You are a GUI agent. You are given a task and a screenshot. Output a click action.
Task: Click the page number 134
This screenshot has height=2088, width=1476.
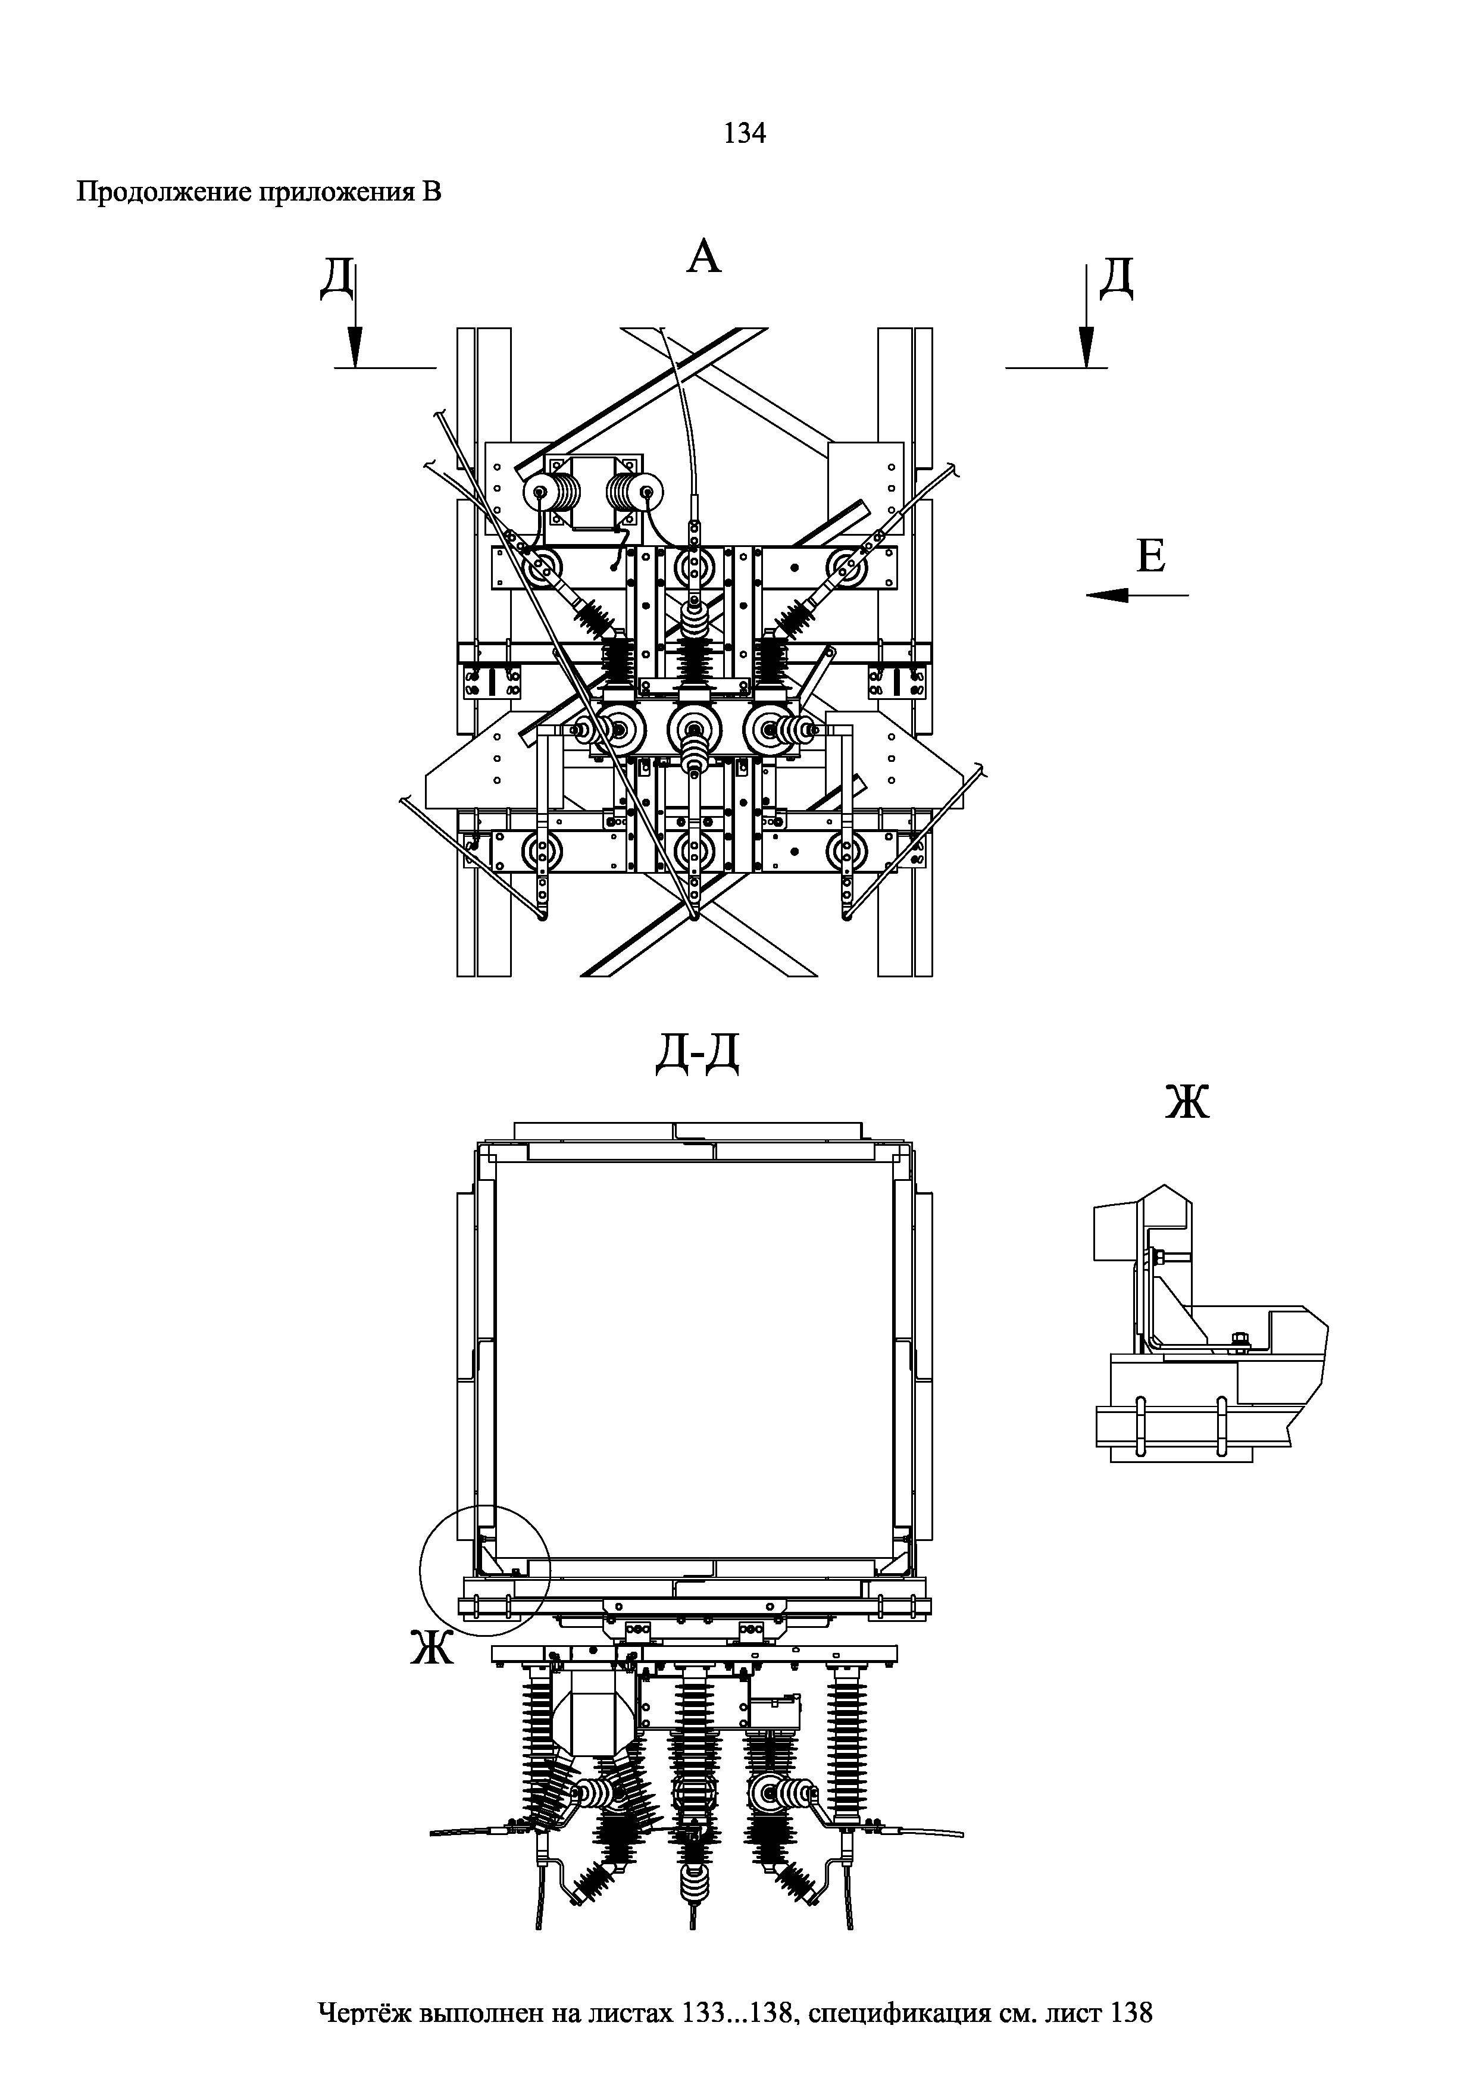pos(745,134)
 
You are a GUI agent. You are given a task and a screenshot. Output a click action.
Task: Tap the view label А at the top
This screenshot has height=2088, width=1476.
pos(704,257)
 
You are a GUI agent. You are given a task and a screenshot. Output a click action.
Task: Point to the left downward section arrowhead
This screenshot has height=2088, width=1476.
pos(355,348)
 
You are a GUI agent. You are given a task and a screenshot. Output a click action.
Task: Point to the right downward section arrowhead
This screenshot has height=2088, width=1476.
pos(1086,348)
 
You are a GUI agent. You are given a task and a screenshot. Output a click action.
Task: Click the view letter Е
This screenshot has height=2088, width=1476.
pos(1150,556)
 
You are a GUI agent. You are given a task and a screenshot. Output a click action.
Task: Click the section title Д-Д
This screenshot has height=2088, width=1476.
pos(698,1055)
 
